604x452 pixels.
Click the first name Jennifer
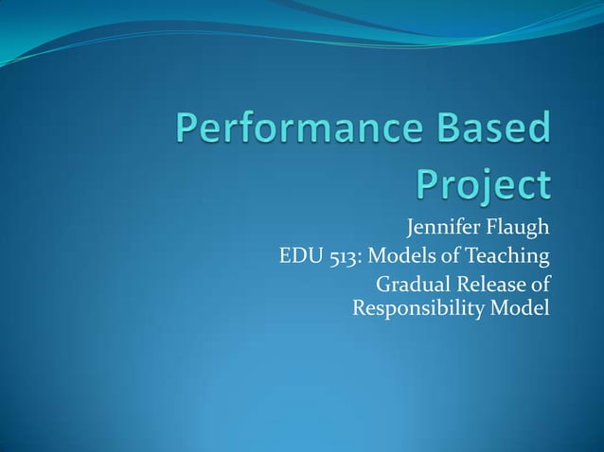coord(445,229)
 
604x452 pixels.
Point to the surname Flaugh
coord(520,229)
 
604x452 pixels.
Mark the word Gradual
coord(414,284)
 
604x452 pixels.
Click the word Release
coord(491,284)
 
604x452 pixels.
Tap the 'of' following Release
coord(540,284)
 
